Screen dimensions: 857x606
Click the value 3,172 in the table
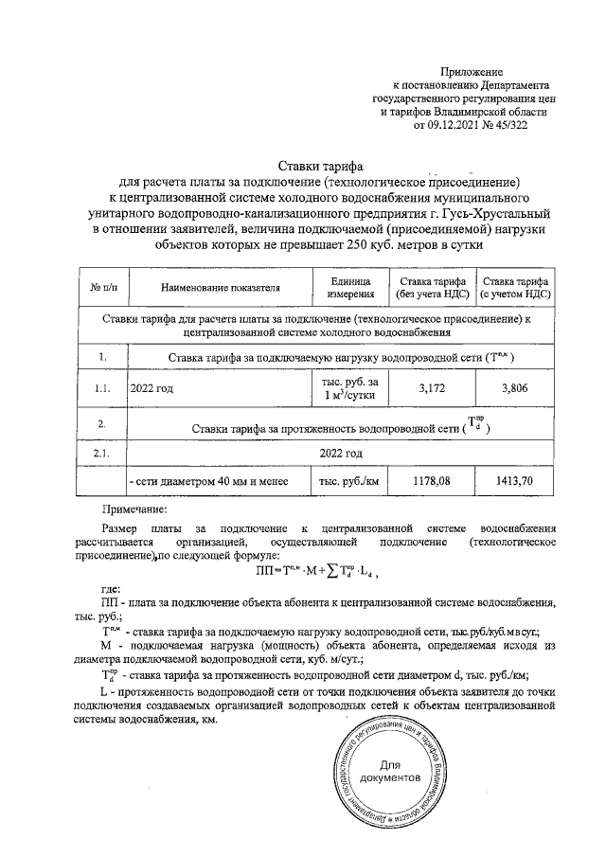(429, 387)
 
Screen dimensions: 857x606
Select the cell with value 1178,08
(429, 482)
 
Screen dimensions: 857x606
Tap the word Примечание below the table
(134, 509)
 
